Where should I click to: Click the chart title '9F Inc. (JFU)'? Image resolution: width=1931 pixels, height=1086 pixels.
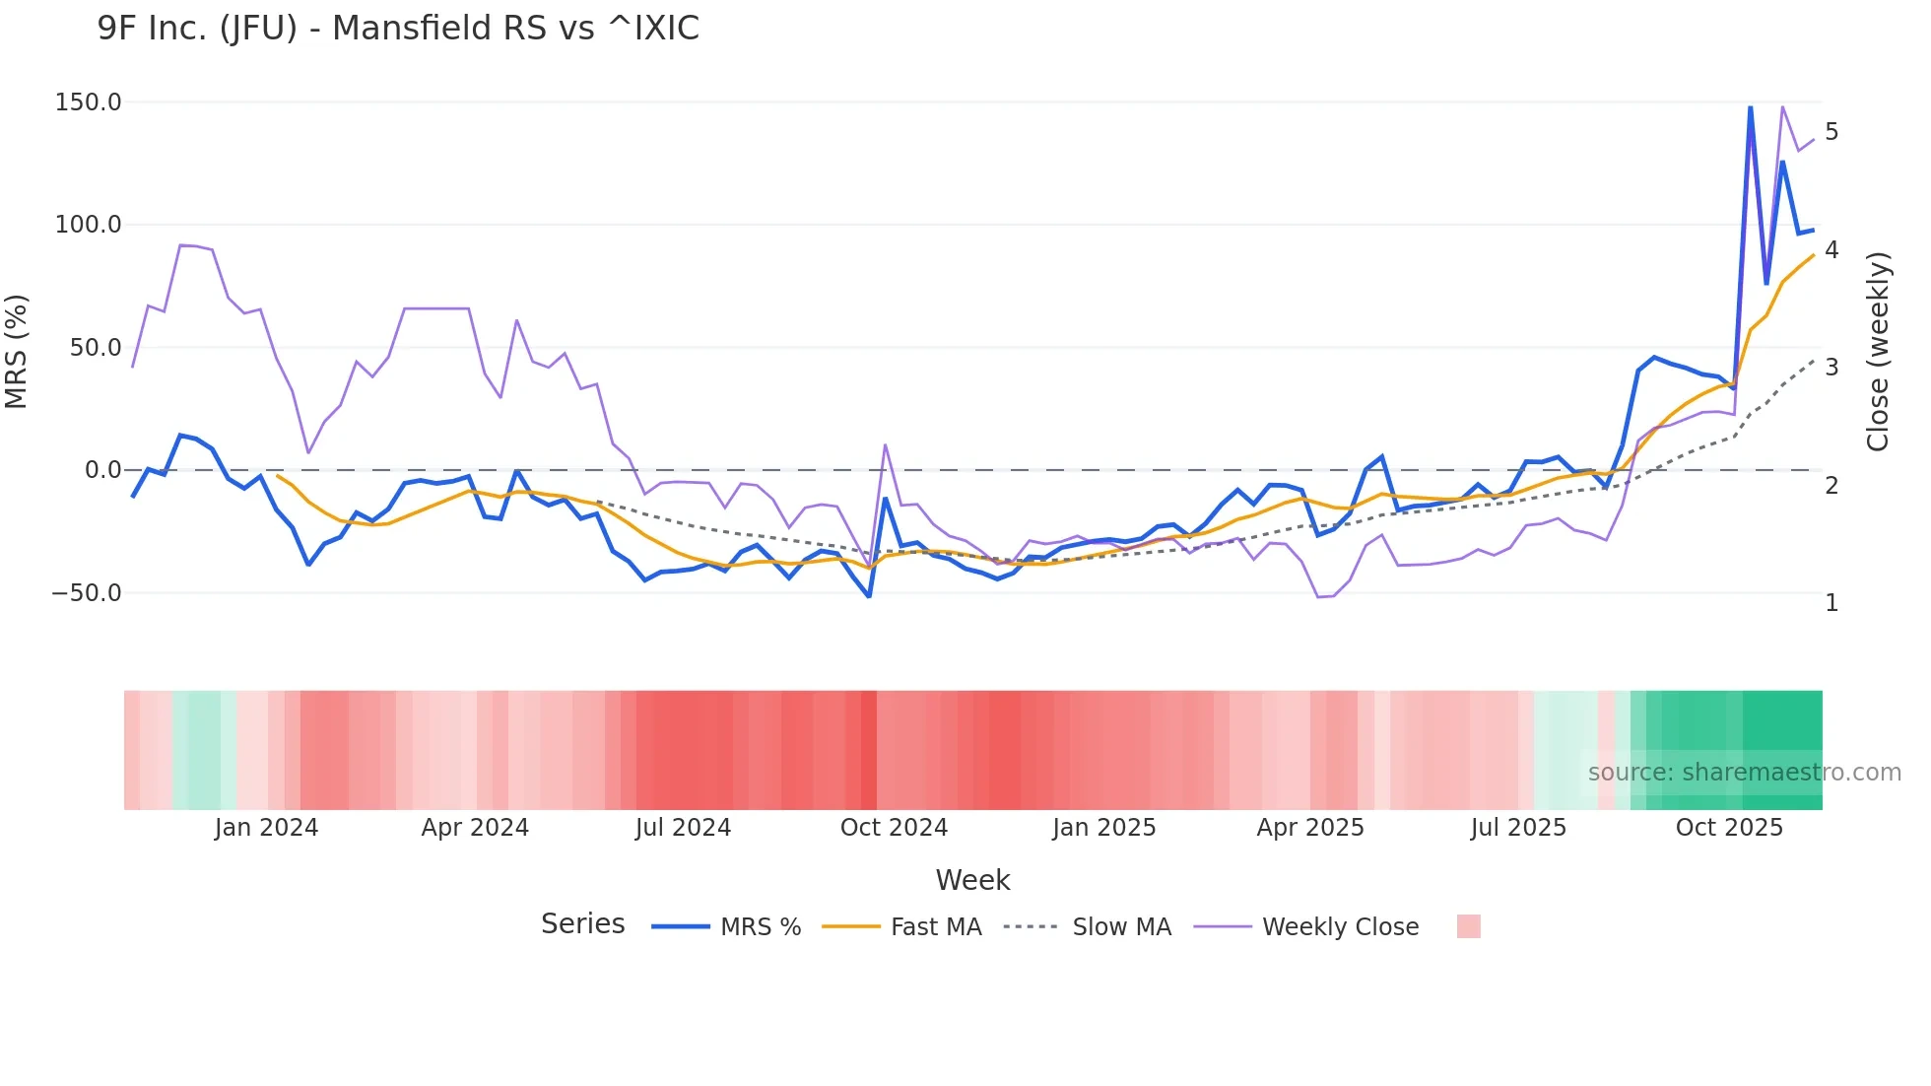[x=398, y=28]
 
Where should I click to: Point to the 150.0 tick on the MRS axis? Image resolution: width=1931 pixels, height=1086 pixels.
[x=89, y=102]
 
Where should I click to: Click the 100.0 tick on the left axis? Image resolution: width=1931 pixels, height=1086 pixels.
[x=89, y=225]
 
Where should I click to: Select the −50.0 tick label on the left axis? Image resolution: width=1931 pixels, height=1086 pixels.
[x=87, y=593]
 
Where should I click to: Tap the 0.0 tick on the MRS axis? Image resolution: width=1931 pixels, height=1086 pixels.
[x=102, y=470]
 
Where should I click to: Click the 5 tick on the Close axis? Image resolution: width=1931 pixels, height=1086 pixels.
[x=1831, y=131]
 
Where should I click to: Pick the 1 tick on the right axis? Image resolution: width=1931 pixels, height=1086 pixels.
[x=1831, y=602]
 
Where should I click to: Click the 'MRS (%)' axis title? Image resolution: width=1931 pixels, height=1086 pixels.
[x=17, y=352]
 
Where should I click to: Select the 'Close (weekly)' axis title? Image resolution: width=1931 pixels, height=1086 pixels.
[x=1878, y=352]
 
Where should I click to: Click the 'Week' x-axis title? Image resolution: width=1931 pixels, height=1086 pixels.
[x=972, y=880]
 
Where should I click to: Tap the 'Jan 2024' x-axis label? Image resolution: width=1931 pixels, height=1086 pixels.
[x=266, y=828]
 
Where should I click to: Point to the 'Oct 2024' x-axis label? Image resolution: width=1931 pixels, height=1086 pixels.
[x=894, y=828]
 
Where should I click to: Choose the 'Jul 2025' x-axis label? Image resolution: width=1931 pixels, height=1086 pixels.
[x=1518, y=828]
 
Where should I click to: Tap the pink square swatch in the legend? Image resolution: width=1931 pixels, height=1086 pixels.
[x=1468, y=926]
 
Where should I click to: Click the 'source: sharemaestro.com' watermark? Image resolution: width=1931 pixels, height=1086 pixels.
[x=1744, y=773]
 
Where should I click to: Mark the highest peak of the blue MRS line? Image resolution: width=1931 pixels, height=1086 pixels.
[x=1751, y=106]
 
